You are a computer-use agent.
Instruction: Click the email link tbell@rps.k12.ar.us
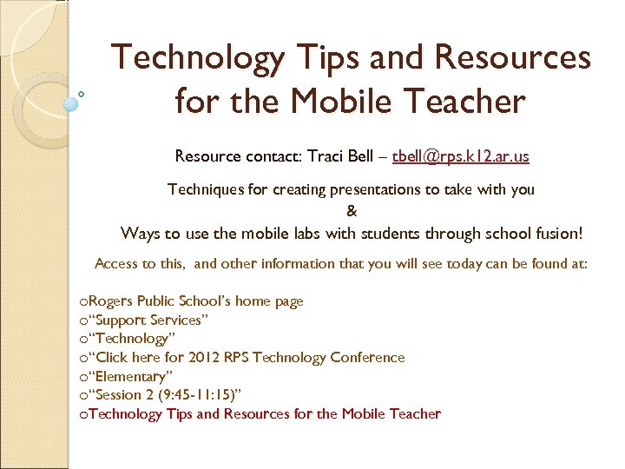(461, 156)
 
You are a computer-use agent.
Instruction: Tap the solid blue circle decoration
(71, 102)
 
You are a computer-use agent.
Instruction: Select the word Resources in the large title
(513, 59)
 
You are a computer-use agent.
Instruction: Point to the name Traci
(326, 156)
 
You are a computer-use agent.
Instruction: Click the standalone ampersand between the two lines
(352, 210)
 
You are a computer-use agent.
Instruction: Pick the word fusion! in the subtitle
(554, 233)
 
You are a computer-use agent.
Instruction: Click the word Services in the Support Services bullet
(180, 320)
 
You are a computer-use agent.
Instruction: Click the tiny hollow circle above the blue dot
(82, 93)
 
